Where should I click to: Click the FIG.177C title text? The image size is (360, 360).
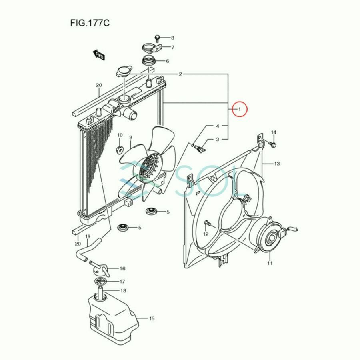pos(89,23)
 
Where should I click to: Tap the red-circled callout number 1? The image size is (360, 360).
pos(240,109)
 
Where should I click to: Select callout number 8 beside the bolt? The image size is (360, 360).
pos(173,38)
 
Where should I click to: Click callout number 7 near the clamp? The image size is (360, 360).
pos(173,48)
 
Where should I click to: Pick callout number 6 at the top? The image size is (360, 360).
pos(167,61)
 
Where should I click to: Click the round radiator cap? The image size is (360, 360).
pos(123,72)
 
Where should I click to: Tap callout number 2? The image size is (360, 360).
pos(180,74)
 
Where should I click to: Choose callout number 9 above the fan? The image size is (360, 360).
pos(130,138)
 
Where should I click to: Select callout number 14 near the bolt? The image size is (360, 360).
pos(274,132)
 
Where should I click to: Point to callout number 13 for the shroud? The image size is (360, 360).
pos(277,164)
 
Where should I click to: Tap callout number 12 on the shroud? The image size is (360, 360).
pos(206,234)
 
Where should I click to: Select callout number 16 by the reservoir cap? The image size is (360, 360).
pos(122,269)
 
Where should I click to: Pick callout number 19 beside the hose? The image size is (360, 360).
pos(88,237)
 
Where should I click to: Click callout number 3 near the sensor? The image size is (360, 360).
pos(218,139)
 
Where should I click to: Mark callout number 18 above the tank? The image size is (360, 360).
pos(123,291)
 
